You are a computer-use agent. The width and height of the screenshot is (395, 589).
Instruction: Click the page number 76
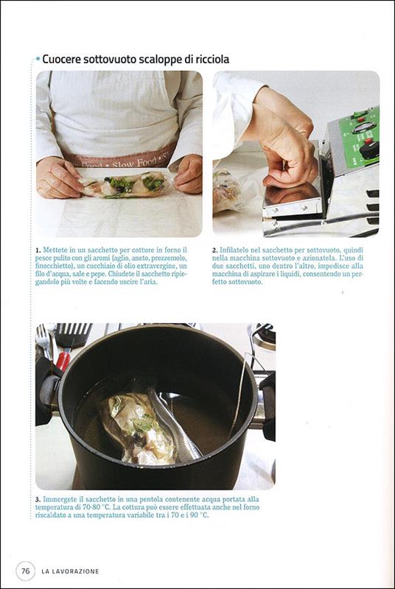coord(26,571)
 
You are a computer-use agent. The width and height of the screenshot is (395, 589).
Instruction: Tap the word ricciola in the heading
coord(212,60)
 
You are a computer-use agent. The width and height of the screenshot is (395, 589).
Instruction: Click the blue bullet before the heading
coord(38,59)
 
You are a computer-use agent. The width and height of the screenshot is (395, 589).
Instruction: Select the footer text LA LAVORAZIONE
coord(70,571)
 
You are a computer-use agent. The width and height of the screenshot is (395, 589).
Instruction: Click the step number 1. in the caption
coord(38,250)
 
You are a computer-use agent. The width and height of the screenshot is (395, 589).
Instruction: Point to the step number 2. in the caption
coord(215,250)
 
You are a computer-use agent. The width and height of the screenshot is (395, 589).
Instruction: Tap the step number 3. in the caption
coord(38,500)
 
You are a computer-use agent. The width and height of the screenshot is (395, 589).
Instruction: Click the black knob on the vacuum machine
coord(369,149)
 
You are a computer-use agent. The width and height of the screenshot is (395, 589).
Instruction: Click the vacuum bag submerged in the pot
coord(150,426)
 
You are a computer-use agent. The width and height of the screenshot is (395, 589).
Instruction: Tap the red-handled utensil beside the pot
coord(63,361)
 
